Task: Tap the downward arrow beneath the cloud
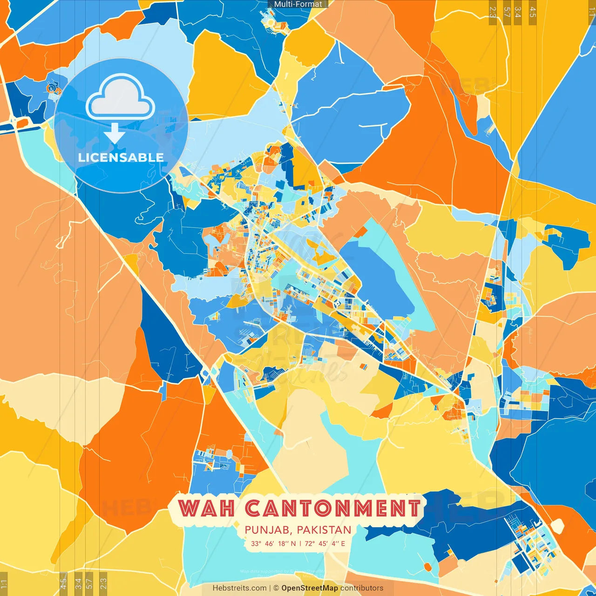click(115, 133)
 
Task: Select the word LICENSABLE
click(121, 157)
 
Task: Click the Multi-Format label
click(298, 4)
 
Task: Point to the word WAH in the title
click(206, 508)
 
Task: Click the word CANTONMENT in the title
click(332, 508)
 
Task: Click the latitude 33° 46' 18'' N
click(273, 543)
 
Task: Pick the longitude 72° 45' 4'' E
click(325, 543)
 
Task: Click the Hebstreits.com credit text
click(240, 588)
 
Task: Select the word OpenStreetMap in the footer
click(310, 588)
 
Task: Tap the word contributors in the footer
click(362, 588)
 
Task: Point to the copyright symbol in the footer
click(276, 588)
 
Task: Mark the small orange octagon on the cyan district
click(427, 567)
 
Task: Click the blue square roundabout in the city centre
click(338, 304)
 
